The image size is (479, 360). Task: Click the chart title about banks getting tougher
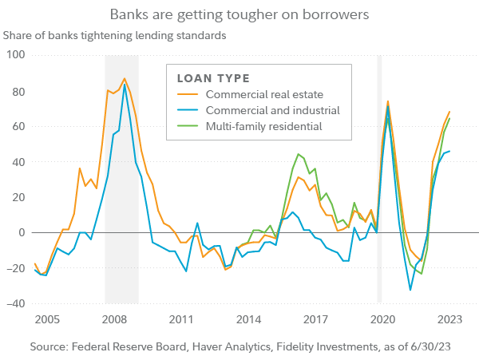[x=239, y=14]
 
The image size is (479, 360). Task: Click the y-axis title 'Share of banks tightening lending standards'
[x=116, y=35]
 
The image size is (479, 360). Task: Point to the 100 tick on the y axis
[x=15, y=55]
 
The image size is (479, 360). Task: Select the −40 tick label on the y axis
[x=14, y=304]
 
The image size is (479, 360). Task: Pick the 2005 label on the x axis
[x=47, y=320]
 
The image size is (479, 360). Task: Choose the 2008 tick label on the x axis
[x=114, y=320]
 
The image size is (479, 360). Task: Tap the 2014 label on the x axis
[x=249, y=320]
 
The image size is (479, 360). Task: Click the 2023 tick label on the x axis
[x=451, y=320]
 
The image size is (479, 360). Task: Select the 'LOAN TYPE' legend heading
[x=212, y=79]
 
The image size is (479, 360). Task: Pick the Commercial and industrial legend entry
[x=272, y=110]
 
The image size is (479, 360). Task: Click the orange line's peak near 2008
[x=125, y=79]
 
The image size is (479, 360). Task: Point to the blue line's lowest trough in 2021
[x=410, y=290]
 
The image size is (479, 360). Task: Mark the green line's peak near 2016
[x=298, y=154]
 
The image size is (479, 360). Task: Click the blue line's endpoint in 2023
[x=449, y=151]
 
